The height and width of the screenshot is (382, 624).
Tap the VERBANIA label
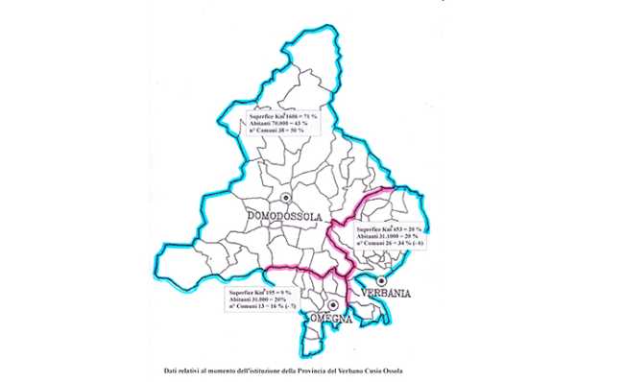pyautogui.click(x=384, y=294)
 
